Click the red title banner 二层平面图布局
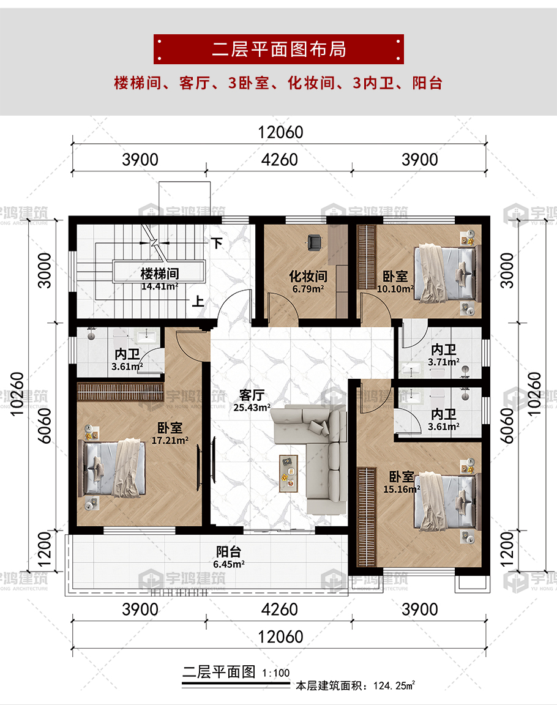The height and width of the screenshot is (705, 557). [x=278, y=49]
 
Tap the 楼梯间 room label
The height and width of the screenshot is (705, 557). [x=160, y=274]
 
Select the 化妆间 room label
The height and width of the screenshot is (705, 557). [x=308, y=276]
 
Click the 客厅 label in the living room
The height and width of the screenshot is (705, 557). [x=252, y=395]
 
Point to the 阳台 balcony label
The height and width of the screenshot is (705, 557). [x=228, y=551]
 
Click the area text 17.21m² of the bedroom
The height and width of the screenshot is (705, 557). [x=170, y=441]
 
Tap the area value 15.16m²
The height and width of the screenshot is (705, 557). [x=402, y=489]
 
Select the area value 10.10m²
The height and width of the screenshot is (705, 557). [x=395, y=289]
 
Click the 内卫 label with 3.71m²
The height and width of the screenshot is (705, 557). [x=443, y=349]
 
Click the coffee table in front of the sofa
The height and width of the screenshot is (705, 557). [x=289, y=474]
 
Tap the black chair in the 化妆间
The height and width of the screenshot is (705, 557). [x=314, y=242]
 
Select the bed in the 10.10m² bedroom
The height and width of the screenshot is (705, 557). [x=445, y=274]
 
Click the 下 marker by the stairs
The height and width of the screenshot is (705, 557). [x=217, y=243]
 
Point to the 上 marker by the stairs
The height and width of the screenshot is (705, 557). [x=198, y=301]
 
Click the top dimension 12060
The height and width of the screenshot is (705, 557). [x=280, y=132]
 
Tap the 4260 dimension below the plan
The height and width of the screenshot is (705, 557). [x=279, y=610]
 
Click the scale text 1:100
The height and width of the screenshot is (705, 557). [x=276, y=673]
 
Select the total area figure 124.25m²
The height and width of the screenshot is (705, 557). [x=394, y=685]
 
